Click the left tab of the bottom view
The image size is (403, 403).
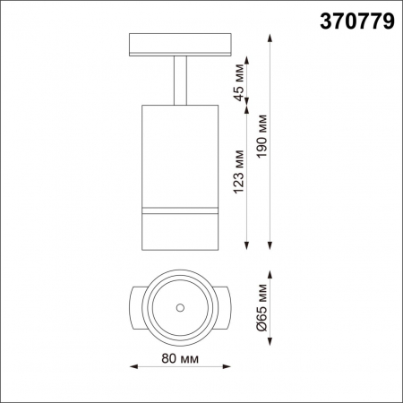pos(135,307)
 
